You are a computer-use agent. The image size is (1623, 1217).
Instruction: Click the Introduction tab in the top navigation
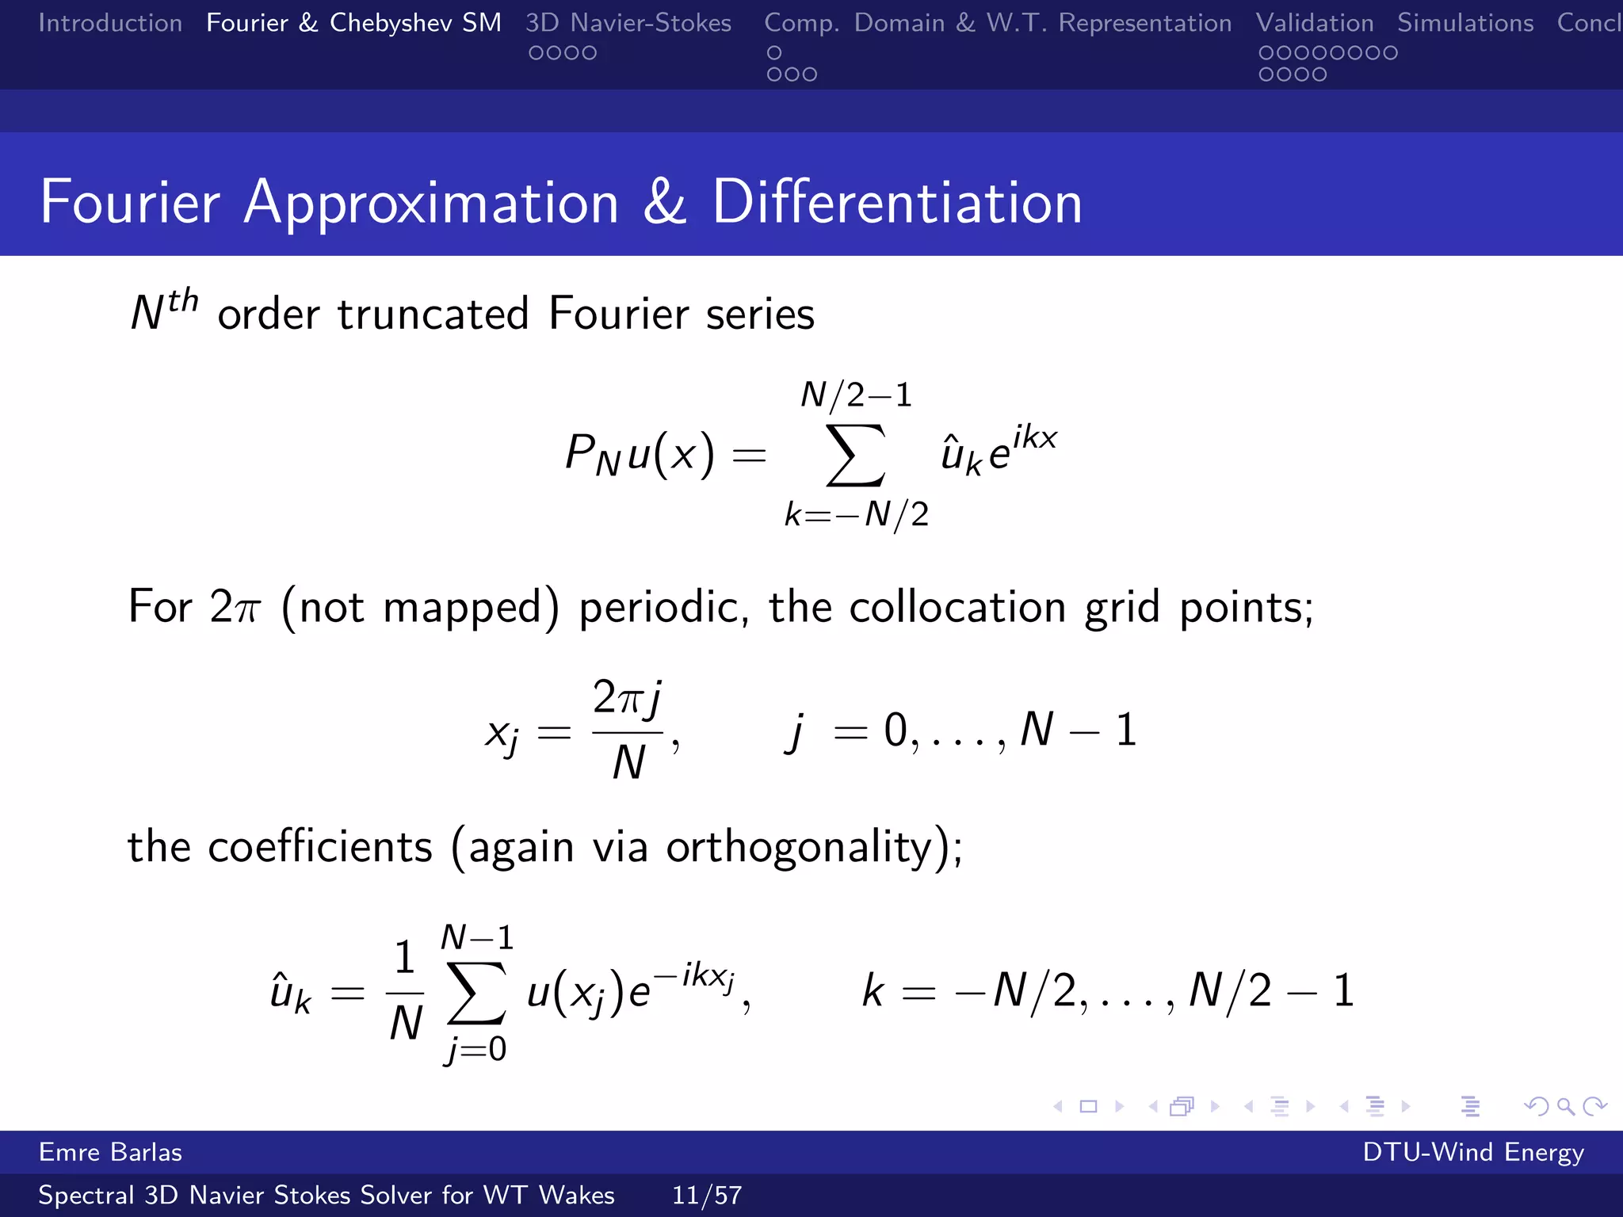110,23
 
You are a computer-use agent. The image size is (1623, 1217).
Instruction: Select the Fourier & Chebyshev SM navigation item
353,23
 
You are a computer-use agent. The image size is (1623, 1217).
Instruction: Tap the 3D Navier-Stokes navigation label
628,23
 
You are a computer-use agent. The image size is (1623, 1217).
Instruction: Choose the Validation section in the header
1315,23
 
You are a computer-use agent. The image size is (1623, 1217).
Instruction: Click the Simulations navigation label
1465,23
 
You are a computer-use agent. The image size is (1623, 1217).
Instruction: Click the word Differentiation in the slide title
897,203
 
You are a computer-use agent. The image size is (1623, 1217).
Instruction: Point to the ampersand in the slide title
664,203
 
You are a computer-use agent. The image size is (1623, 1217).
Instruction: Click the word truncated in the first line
433,314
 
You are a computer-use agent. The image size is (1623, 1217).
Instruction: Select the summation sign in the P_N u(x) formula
855,455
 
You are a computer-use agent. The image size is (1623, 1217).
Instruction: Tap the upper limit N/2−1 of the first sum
857,395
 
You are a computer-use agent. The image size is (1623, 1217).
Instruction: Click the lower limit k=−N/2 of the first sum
857,515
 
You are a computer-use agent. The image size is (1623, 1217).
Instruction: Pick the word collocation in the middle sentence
957,608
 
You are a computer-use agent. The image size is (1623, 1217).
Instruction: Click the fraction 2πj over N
628,730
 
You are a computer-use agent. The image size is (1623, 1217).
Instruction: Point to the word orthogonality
800,847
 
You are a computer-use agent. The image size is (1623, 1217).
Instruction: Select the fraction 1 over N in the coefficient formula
405,990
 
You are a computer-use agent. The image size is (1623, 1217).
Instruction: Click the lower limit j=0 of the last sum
475,1050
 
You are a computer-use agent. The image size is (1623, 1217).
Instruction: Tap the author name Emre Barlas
110,1152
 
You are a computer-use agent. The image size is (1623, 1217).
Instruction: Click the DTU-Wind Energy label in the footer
1473,1152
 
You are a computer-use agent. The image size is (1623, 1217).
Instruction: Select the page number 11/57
707,1195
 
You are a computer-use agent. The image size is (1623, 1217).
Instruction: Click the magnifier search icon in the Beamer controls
1565,1106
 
